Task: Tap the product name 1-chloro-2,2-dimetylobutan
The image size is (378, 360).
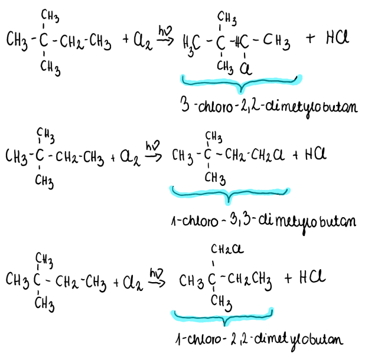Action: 259,339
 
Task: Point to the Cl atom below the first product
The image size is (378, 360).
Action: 243,70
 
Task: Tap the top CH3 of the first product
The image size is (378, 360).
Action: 226,17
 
